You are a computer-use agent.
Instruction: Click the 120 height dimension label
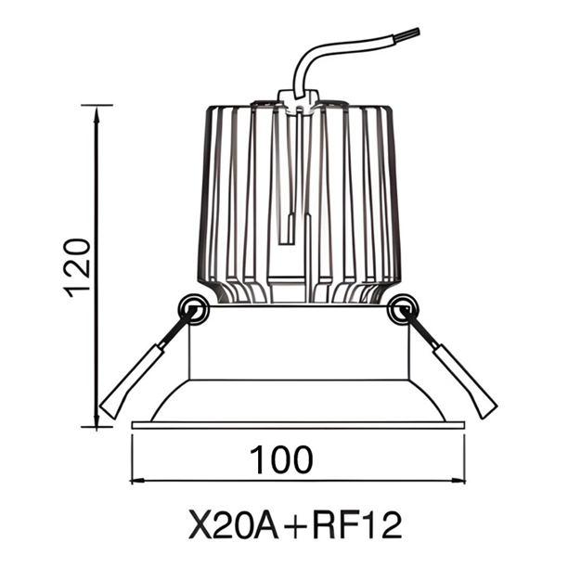[x=80, y=266]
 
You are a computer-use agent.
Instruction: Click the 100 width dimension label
[x=280, y=458]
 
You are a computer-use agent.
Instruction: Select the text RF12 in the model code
[x=358, y=525]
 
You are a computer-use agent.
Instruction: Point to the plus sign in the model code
[x=294, y=526]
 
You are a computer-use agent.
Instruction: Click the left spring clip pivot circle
[x=194, y=308]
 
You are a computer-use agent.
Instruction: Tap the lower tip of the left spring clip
[x=110, y=408]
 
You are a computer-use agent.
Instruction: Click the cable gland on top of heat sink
[x=299, y=98]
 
